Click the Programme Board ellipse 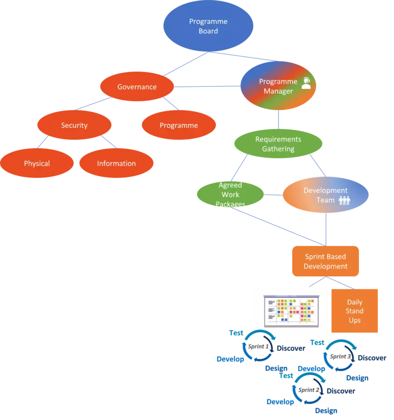pos(208,26)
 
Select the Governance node pos(137,87)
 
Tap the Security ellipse pos(74,125)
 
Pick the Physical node pos(37,163)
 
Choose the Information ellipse pos(116,163)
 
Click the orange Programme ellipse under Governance pos(179,125)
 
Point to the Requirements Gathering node pos(278,144)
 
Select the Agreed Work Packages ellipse pos(230,195)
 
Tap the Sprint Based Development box pos(326,261)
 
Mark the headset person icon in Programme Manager pos(306,83)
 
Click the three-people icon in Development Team pos(344,200)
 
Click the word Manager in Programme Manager pos(278,91)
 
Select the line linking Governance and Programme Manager pos(207,87)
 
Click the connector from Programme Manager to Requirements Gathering pos(279,119)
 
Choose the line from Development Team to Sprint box pos(326,229)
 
